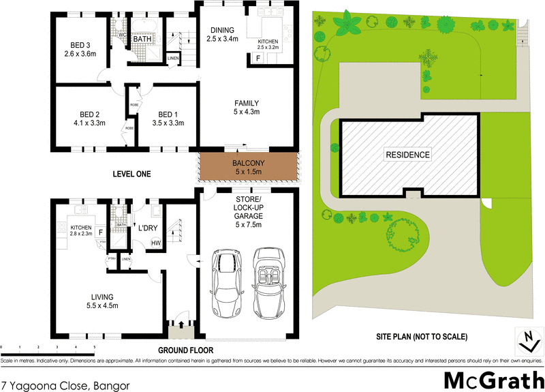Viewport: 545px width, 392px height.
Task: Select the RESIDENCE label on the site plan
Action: point(408,155)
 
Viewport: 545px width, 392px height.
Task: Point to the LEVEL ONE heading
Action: point(131,175)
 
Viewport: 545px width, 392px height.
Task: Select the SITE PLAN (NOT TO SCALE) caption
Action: point(421,337)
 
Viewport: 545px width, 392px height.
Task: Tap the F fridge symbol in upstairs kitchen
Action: point(258,57)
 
